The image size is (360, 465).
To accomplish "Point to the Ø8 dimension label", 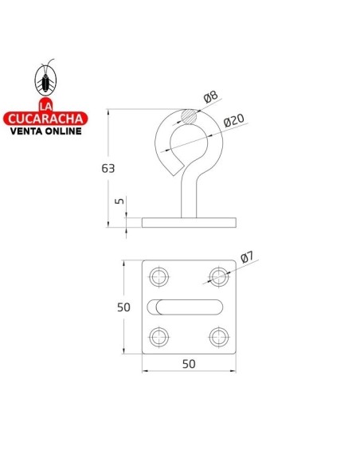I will (x=209, y=99).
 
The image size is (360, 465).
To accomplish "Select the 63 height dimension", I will (x=108, y=168).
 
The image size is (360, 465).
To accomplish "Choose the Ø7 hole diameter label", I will (x=246, y=258).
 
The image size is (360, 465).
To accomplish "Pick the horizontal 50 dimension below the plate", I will (x=190, y=363).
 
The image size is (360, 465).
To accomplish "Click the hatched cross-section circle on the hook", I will (x=189, y=116).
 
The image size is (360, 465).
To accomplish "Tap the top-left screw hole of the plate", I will (x=160, y=277).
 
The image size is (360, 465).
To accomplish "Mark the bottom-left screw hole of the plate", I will (x=160, y=336).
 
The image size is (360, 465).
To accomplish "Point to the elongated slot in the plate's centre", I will (x=190, y=307).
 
